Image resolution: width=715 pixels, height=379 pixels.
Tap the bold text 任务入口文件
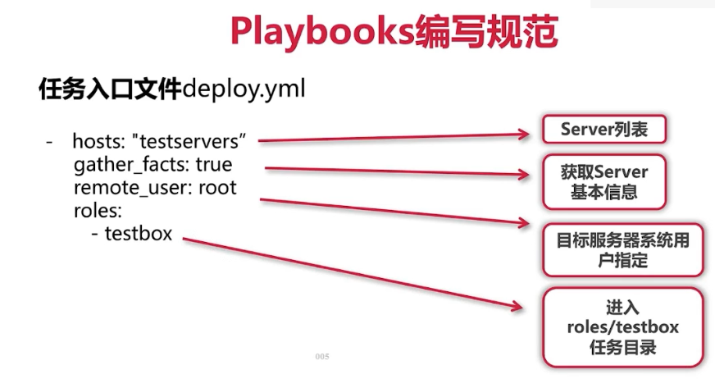pyautogui.click(x=110, y=89)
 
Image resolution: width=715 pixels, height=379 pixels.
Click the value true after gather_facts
pyautogui.click(x=214, y=165)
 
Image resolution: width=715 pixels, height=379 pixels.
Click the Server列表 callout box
pyautogui.click(x=603, y=130)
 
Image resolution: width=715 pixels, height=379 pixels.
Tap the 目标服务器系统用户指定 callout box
pyautogui.click(x=622, y=249)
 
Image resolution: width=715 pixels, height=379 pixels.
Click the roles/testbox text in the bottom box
pyautogui.click(x=622, y=327)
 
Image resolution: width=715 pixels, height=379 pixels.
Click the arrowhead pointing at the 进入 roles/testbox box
pyautogui.click(x=516, y=307)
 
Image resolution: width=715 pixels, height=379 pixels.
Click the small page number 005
pyautogui.click(x=321, y=357)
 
